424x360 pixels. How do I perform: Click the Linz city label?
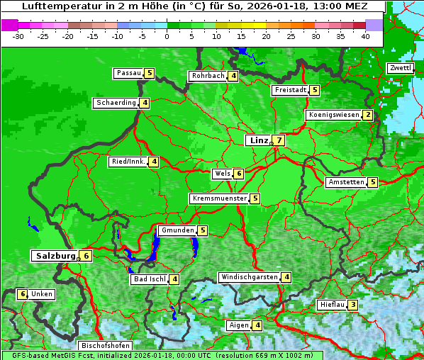coord(258,140)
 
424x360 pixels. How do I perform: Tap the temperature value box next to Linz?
coord(279,140)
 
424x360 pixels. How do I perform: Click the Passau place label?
coord(129,73)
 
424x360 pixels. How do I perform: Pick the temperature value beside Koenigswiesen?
coord(367,115)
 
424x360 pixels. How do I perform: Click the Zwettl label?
coord(400,68)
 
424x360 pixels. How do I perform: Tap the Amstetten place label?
coord(346,182)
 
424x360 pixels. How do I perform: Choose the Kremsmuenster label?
coord(219,198)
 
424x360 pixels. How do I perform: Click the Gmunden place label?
coord(177,230)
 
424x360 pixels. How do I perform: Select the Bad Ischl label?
coord(149,279)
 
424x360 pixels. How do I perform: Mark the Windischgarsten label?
coord(249,277)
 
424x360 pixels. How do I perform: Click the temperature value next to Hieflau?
coord(352,305)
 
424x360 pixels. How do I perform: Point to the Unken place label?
coord(42,294)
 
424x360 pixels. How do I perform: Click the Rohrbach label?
coord(208,76)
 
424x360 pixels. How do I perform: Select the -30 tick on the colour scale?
coord(18,36)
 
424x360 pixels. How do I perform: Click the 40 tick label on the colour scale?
coord(364,36)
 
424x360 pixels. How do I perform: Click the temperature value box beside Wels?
coord(239,174)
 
